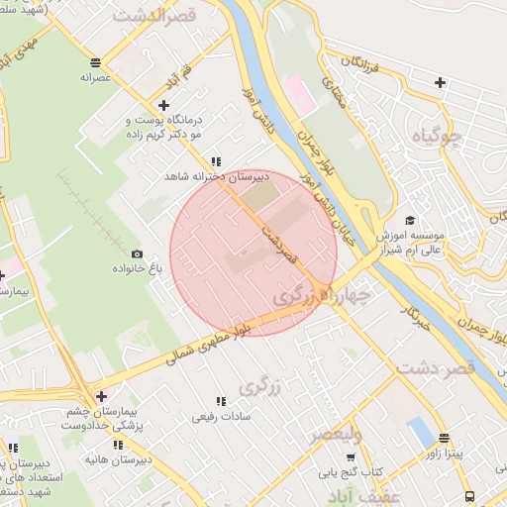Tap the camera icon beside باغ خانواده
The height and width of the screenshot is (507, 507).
click(137, 254)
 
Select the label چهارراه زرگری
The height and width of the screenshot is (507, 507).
click(322, 294)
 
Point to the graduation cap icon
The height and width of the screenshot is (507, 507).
click(410, 221)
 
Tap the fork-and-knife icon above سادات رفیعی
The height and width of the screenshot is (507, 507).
click(221, 401)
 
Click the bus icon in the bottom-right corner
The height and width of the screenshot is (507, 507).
click(469, 495)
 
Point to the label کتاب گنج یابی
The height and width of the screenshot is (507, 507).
click(350, 471)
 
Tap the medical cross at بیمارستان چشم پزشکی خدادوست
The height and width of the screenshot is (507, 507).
click(100, 396)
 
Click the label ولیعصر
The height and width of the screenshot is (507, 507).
click(337, 435)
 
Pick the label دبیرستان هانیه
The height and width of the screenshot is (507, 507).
click(118, 460)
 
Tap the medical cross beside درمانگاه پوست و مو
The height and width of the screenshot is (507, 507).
click(164, 105)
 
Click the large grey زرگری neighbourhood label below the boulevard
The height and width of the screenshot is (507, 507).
click(259, 387)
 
